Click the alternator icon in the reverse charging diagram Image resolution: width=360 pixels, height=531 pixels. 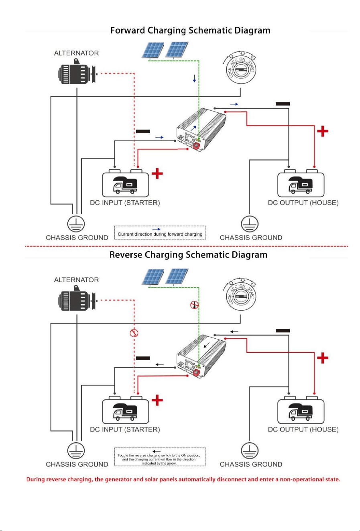click(77, 299)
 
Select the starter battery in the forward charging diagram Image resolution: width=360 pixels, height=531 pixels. click(125, 183)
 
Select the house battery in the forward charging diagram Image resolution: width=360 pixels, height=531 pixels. click(301, 183)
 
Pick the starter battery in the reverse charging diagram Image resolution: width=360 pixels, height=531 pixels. click(125, 409)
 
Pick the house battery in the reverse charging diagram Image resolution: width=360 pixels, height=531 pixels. click(301, 409)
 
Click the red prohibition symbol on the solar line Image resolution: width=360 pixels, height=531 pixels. click(194, 305)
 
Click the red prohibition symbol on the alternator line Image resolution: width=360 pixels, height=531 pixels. click(134, 333)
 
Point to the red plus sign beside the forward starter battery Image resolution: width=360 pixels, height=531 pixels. click(157, 173)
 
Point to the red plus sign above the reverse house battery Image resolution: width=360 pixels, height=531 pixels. click(323, 358)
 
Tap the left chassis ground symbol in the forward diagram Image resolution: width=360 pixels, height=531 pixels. click(76, 224)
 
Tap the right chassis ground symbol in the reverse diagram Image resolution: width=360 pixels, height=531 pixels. click(250, 450)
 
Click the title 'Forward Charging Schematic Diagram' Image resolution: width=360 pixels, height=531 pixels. click(190, 31)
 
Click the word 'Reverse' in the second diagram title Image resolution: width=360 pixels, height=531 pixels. click(126, 255)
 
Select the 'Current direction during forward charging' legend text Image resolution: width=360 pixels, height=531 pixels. click(160, 234)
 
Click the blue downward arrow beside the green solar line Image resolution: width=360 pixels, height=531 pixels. click(194, 78)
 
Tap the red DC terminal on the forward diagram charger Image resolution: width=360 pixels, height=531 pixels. click(197, 146)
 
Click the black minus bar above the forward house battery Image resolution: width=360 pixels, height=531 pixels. click(283, 104)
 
